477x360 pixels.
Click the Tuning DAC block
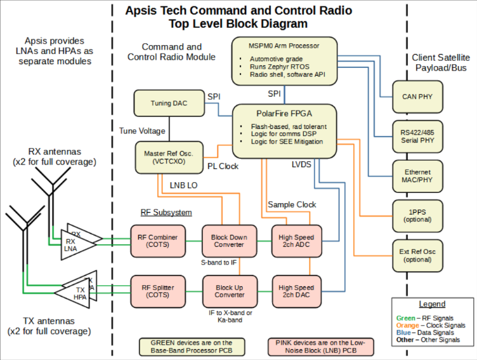click(x=169, y=103)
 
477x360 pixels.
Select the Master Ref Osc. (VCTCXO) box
click(x=169, y=157)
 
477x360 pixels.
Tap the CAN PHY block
click(x=417, y=97)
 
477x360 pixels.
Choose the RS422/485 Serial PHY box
click(x=417, y=137)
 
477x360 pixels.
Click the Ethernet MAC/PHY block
click(x=417, y=176)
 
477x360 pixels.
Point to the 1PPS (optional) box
click(x=417, y=216)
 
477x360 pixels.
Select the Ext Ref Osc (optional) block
click(x=417, y=255)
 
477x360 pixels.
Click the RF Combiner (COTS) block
click(x=158, y=241)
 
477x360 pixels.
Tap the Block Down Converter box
click(x=230, y=241)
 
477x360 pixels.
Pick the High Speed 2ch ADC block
click(x=297, y=241)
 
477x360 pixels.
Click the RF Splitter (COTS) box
click(x=158, y=291)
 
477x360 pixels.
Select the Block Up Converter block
click(x=230, y=291)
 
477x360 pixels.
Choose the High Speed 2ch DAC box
click(x=297, y=291)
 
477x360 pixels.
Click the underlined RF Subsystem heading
click(x=166, y=212)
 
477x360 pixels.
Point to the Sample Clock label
click(x=292, y=204)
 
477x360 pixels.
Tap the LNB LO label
click(x=183, y=185)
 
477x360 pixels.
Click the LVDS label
click(x=301, y=164)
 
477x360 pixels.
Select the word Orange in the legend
click(x=407, y=325)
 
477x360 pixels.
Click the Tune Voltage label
click(x=142, y=131)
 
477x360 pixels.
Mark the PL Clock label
click(x=223, y=166)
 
